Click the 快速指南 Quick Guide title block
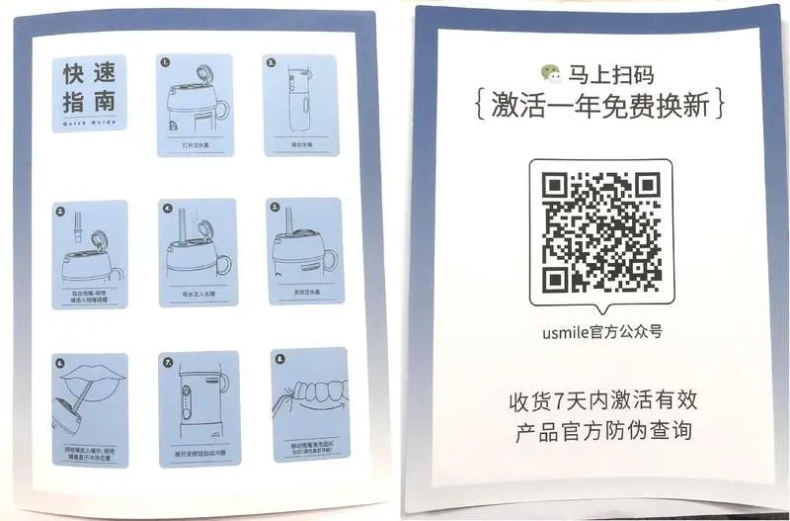[90, 90]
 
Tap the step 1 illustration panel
[195, 104]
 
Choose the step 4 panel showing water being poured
[195, 252]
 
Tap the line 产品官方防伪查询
[602, 432]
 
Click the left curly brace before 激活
[478, 106]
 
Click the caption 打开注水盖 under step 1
[195, 144]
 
